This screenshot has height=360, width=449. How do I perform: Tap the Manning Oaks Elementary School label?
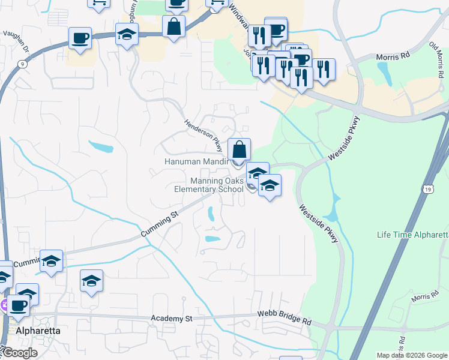click(x=209, y=185)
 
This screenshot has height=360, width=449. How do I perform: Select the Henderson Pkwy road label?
click(x=203, y=135)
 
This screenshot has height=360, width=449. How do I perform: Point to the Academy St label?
click(x=172, y=319)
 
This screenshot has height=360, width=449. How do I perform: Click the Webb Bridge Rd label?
click(x=285, y=319)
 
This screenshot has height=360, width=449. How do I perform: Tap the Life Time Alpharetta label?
click(x=413, y=234)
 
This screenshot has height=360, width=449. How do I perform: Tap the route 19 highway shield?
click(x=427, y=190)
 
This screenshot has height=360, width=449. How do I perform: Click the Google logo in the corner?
click(x=19, y=352)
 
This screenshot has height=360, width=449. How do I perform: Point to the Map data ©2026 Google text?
click(x=412, y=355)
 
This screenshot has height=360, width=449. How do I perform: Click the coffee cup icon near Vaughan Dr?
click(x=80, y=39)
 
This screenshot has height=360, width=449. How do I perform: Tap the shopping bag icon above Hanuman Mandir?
click(x=239, y=150)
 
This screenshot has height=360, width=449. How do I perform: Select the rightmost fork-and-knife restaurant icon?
click(x=324, y=69)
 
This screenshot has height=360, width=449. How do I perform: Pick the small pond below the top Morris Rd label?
click(x=384, y=73)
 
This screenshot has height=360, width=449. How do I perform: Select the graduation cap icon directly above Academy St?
click(x=91, y=281)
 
